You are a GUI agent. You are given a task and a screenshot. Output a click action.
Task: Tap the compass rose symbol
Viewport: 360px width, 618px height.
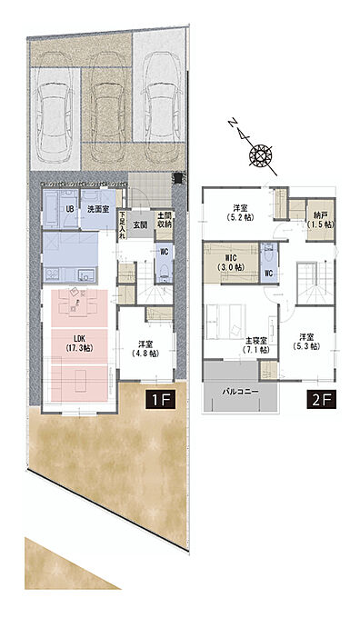(x=260, y=154)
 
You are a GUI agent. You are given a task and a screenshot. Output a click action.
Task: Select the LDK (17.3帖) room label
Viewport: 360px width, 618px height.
(x=79, y=343)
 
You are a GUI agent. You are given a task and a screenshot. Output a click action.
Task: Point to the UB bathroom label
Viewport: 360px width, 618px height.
(x=70, y=209)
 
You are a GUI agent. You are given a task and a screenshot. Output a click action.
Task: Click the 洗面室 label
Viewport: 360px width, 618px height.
(x=98, y=209)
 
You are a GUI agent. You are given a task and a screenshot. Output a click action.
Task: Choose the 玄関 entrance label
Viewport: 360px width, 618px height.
(x=140, y=225)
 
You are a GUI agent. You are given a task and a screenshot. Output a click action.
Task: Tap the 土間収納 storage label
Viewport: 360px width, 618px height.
(x=164, y=220)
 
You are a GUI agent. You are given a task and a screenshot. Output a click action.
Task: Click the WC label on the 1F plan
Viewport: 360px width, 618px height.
(x=164, y=252)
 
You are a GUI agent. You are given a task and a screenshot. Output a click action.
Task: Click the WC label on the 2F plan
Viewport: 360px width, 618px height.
(x=268, y=273)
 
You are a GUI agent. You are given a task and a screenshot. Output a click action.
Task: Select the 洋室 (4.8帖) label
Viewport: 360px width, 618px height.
(x=145, y=348)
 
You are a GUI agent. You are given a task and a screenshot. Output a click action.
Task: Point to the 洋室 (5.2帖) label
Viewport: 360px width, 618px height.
(x=240, y=212)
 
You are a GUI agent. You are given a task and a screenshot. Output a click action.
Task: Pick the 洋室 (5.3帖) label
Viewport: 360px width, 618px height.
(x=306, y=342)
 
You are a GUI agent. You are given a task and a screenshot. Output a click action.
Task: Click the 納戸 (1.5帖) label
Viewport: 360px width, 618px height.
(x=321, y=220)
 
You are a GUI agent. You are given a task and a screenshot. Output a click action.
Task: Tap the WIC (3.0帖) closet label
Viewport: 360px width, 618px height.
(x=231, y=263)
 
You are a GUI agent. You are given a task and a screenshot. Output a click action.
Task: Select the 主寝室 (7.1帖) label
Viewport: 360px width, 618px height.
(x=255, y=344)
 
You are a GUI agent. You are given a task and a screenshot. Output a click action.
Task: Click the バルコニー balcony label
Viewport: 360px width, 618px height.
(x=240, y=392)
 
